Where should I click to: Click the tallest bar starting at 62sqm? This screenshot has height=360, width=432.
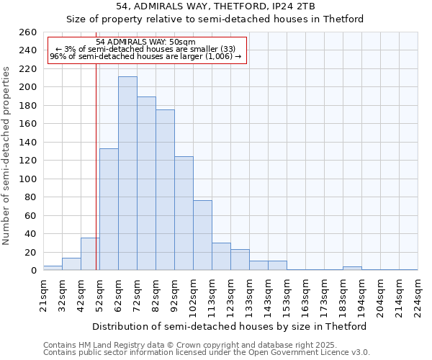coord(127,174)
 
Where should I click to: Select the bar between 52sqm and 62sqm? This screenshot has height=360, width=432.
coord(109,210)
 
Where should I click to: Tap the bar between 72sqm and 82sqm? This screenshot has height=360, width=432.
coord(146,184)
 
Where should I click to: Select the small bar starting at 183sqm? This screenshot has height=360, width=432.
coord(352,269)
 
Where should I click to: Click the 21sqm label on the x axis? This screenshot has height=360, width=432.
coord(43,294)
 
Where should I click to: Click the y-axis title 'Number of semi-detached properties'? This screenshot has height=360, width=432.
coord(7,156)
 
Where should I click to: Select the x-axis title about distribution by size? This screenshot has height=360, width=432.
coord(230,326)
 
